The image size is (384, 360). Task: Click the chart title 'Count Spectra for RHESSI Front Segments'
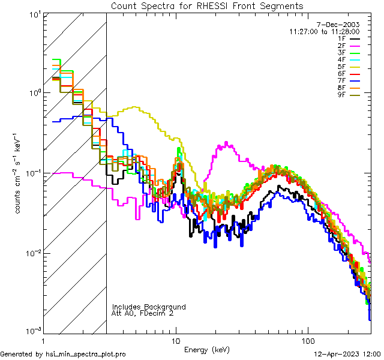pos(207,6)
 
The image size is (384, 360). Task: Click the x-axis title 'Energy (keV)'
pos(207,350)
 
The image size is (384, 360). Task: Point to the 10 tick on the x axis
pos(175,340)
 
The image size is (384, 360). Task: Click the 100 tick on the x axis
pos(307,340)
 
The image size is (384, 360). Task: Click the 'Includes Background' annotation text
pos(149,307)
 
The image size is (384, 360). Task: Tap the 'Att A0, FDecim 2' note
pos(143,313)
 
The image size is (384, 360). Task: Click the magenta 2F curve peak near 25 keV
pos(226,143)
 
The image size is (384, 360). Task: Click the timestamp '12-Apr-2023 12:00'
pos(348,354)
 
